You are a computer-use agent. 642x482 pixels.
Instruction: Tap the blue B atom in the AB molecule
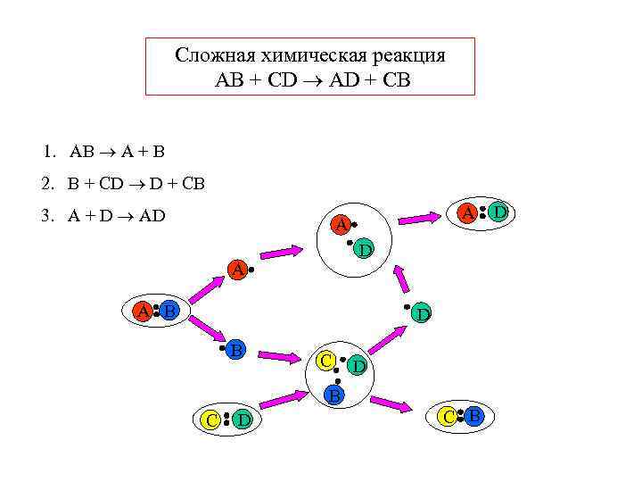169,311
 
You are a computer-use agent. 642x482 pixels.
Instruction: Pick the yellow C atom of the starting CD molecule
210,420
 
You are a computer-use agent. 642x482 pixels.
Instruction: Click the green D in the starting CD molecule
243,420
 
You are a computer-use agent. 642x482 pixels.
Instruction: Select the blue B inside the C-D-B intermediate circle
333,394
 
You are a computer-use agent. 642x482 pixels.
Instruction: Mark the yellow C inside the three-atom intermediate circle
326,361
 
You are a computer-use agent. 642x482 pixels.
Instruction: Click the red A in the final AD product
466,212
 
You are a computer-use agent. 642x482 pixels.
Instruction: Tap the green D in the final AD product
500,212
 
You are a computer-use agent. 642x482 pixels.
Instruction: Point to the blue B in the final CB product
474,415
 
